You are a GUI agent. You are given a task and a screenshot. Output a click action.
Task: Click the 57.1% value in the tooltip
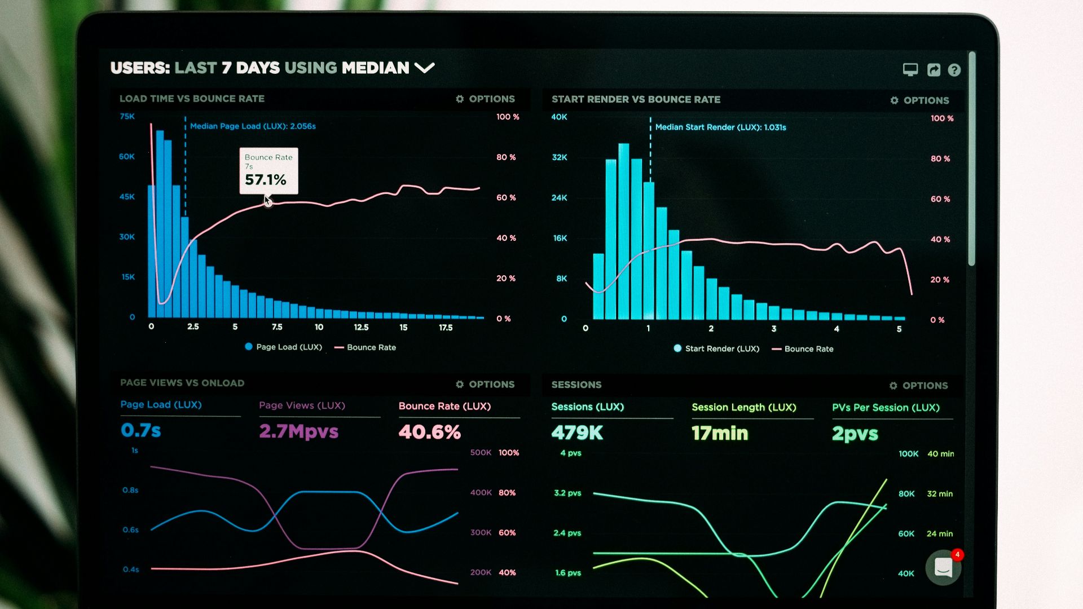coord(265,180)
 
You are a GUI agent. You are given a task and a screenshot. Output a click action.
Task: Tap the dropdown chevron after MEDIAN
coord(424,68)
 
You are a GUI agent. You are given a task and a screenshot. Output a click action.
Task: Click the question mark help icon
coord(954,70)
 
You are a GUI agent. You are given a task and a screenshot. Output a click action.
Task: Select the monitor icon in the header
coord(910,69)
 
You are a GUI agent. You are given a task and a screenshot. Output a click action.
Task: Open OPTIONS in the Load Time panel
coord(486,99)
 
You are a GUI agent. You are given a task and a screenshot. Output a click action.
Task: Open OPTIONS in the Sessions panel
coord(919,386)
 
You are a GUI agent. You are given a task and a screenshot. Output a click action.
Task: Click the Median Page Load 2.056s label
coord(253,126)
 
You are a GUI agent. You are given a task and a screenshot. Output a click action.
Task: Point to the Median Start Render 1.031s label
coord(720,127)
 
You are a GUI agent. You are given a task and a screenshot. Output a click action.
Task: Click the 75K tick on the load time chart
coord(127,117)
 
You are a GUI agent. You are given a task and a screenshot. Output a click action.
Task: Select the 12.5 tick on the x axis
coord(361,327)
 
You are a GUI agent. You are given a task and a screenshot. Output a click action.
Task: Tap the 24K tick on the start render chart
coord(559,198)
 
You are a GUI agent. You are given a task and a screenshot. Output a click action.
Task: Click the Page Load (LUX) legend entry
coord(284,347)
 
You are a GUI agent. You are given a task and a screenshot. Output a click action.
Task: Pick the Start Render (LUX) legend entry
coord(716,349)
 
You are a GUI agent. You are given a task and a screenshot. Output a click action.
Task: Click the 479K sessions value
coord(577,433)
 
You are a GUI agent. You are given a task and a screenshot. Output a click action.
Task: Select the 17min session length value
coord(720,433)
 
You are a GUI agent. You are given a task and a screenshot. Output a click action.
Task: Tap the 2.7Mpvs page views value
coord(298,431)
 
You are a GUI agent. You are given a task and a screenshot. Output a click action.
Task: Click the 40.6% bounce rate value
coord(429,433)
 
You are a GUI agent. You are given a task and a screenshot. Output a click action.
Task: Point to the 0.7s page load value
coord(140,431)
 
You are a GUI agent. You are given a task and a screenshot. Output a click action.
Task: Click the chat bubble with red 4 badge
coord(943,567)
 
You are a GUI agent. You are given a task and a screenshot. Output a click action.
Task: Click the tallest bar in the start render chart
coord(623,231)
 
